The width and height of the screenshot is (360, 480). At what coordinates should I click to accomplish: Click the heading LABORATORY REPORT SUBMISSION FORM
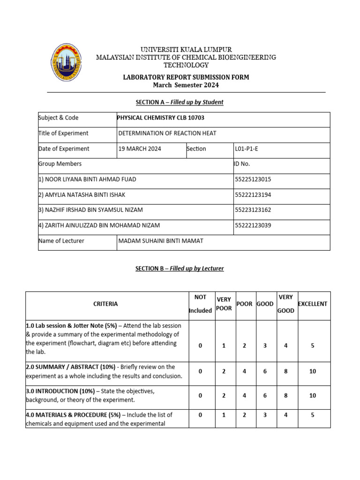(186, 77)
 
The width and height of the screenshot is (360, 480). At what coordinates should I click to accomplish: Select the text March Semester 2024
(186, 85)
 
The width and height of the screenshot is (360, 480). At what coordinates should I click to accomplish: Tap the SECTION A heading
(180, 102)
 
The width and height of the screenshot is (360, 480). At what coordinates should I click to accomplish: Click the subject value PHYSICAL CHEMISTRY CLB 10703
(161, 118)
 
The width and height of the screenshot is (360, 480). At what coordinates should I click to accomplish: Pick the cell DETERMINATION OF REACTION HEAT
(167, 133)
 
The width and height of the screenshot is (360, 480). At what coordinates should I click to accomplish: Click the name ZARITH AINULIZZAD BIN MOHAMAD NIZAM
(99, 225)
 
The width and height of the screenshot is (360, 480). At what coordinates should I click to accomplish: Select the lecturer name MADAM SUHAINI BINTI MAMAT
(161, 241)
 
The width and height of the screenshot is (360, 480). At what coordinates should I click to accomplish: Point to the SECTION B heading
(180, 269)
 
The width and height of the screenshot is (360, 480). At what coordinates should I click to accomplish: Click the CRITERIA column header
(106, 304)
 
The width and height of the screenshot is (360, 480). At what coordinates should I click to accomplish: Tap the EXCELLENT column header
(313, 304)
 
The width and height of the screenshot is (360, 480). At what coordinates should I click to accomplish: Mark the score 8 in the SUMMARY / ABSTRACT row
(286, 371)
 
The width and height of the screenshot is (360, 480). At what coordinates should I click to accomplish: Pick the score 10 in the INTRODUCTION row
(313, 396)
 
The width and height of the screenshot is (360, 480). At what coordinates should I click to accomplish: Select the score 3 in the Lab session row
(265, 345)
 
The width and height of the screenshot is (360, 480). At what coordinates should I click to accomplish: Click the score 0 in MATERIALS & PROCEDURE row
(200, 415)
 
